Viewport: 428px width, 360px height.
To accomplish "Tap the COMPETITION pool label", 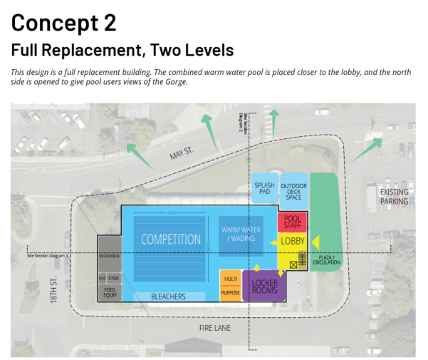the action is (171, 240).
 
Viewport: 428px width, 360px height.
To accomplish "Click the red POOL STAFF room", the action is (292, 222).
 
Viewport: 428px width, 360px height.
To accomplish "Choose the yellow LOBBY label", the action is (292, 242).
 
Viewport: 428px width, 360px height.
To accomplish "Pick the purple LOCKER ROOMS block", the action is (265, 287).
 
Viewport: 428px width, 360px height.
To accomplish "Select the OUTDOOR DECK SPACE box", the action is (293, 190).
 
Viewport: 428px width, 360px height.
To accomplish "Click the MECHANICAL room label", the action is (110, 254).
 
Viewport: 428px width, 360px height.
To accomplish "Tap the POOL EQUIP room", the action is (110, 291).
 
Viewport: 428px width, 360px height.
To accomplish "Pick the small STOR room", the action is (114, 277).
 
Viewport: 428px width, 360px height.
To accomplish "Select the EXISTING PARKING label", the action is (394, 197).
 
